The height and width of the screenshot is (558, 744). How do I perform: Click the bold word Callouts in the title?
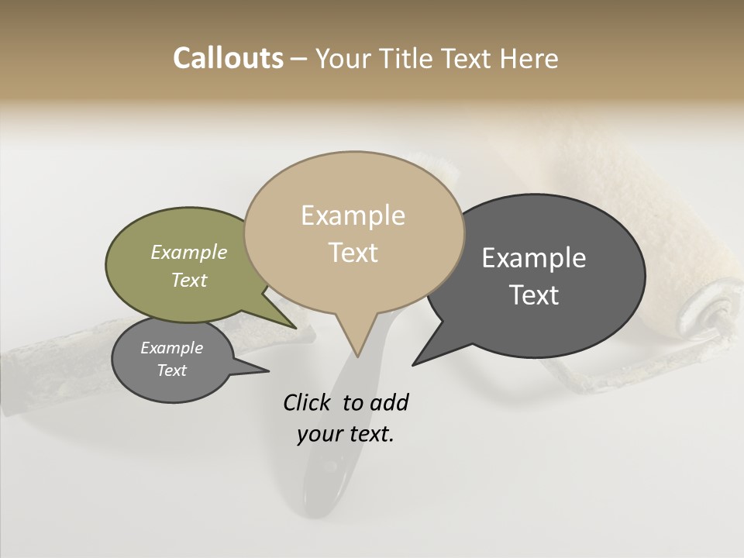pyautogui.click(x=228, y=58)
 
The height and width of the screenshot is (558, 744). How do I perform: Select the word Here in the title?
pyautogui.click(x=529, y=58)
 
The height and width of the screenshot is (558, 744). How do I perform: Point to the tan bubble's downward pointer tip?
pyautogui.click(x=357, y=356)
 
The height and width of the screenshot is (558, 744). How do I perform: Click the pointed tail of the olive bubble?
pyautogui.click(x=294, y=328)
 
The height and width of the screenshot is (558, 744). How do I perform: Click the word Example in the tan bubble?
pyautogui.click(x=353, y=215)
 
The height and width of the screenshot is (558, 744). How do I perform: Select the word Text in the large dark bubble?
pyautogui.click(x=534, y=295)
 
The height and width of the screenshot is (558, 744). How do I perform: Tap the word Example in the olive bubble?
pyautogui.click(x=189, y=252)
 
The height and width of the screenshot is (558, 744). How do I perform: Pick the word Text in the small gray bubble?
pyautogui.click(x=171, y=370)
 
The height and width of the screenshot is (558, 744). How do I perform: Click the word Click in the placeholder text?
pyautogui.click(x=308, y=402)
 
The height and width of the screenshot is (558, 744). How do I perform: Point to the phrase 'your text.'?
pyautogui.click(x=346, y=434)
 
